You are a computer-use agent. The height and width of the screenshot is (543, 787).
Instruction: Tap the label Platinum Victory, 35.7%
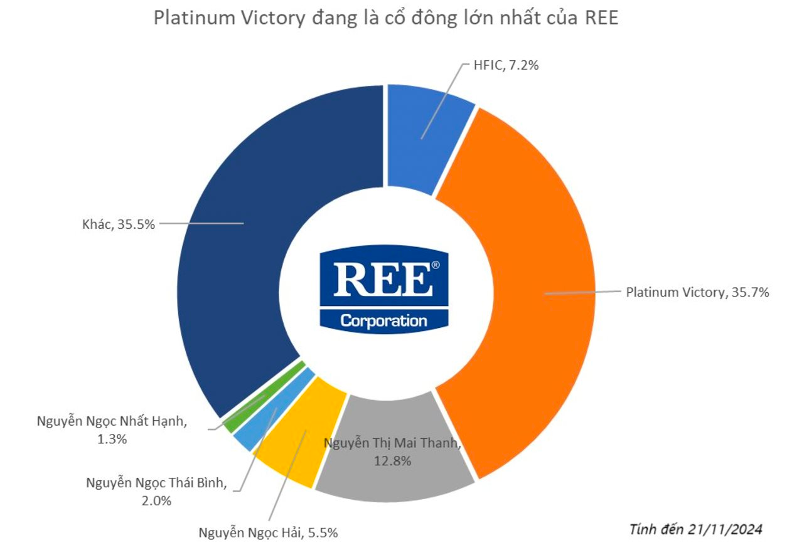[697, 292]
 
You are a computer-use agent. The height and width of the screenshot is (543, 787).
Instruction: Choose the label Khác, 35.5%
[118, 223]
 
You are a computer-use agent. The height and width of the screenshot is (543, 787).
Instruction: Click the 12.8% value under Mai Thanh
[393, 461]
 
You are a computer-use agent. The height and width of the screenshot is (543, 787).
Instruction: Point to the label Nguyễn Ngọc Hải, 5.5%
[269, 533]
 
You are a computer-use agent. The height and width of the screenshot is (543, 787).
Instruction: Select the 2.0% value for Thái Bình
[156, 500]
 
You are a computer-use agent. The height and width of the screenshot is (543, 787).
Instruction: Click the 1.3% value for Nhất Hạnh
[112, 439]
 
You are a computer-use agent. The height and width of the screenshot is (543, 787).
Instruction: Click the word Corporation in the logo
[383, 320]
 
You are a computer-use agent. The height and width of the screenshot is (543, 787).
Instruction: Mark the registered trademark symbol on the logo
[436, 265]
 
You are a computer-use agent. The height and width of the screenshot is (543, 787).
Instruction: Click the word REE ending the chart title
[602, 18]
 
